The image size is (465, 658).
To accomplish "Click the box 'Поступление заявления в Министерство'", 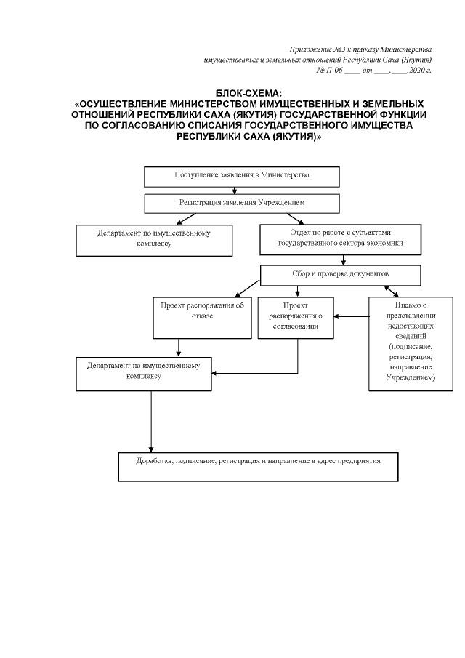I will pos(242,176).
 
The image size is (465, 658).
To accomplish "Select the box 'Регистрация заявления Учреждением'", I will pos(242,201).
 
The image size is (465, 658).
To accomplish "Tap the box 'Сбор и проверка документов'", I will pos(341,275).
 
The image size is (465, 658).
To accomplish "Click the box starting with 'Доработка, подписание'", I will pos(259,467).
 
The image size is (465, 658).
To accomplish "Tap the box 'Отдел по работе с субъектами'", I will pos(341,238).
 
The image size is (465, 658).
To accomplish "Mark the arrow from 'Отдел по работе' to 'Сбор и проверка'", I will pos(340,260).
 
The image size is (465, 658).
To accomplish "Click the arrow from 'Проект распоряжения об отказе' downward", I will pos(179,348).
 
